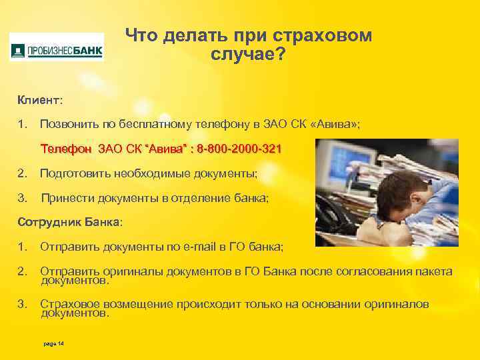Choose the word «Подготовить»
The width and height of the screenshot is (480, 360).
(73, 174)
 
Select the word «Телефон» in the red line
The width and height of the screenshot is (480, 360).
(66, 148)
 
